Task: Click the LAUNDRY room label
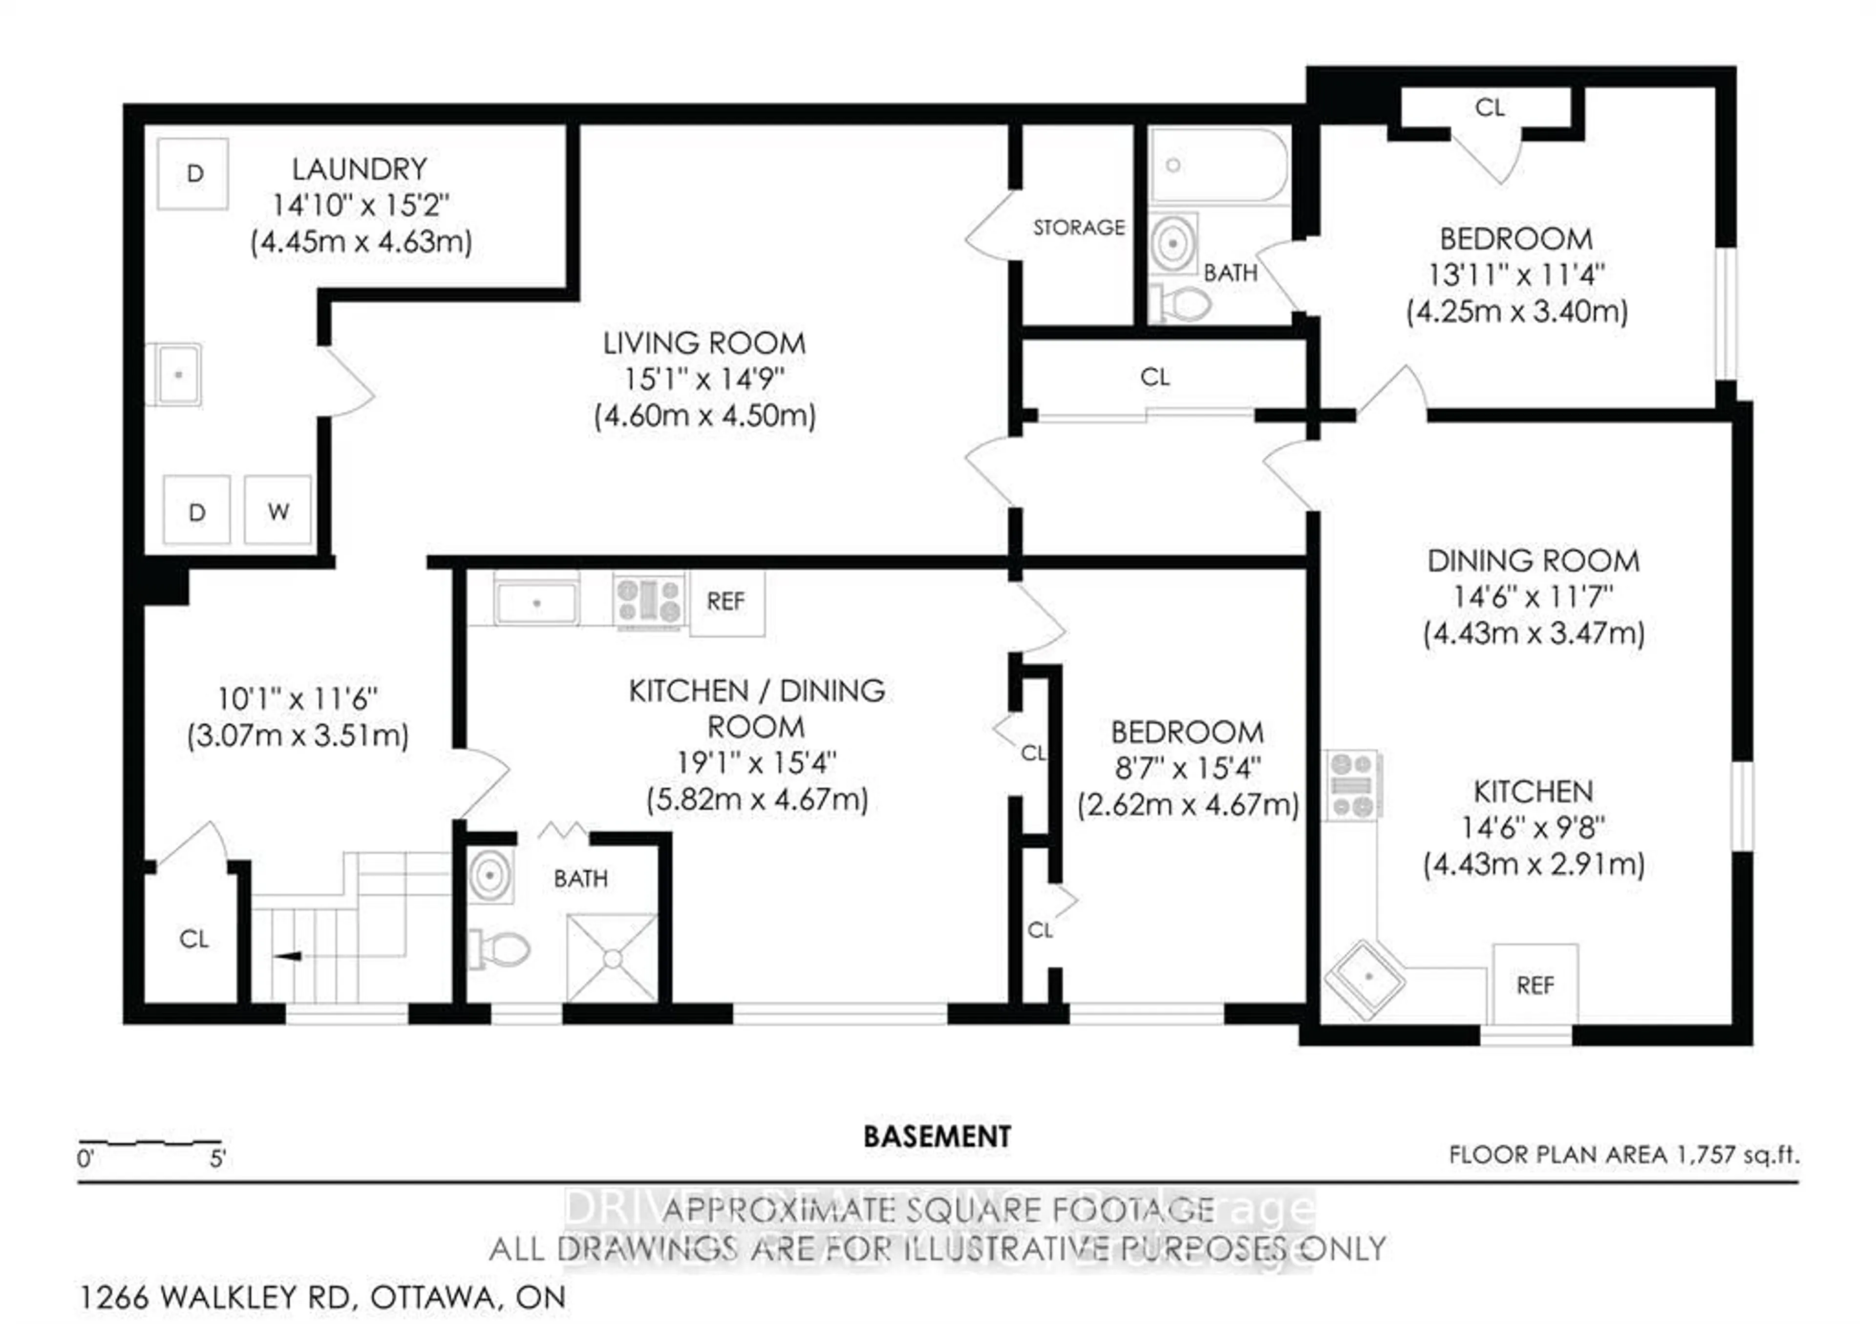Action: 360,169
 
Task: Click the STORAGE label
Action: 1079,227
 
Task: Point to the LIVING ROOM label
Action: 704,343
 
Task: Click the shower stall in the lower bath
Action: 612,957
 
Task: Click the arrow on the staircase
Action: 288,956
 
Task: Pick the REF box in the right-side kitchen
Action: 1535,985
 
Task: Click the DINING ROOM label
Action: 1533,561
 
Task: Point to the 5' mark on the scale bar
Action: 217,1158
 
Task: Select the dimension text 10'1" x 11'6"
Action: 298,699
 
